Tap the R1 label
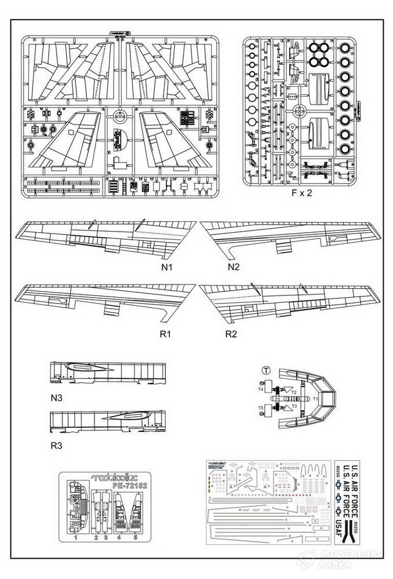[167, 334]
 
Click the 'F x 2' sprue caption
[301, 194]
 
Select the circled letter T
[265, 370]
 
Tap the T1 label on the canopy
[315, 399]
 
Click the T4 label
[261, 389]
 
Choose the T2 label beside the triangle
[294, 393]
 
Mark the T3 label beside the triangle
[294, 406]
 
